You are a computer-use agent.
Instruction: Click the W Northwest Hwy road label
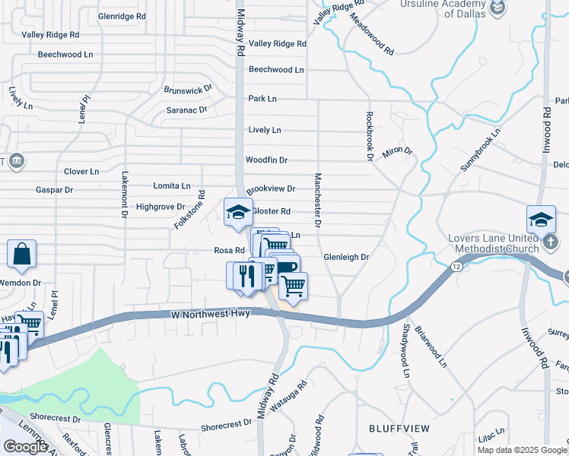(x=210, y=314)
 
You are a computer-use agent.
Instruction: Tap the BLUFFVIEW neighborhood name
(x=399, y=429)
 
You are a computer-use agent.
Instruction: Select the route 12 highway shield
(x=456, y=267)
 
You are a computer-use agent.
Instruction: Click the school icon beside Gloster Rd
(x=238, y=212)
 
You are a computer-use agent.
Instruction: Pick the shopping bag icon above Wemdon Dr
(x=22, y=254)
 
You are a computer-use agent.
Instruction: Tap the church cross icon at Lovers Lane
(x=553, y=242)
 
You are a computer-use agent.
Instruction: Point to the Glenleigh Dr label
(x=346, y=258)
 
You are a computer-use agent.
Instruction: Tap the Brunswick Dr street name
(x=188, y=90)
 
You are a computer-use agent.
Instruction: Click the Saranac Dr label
(x=187, y=110)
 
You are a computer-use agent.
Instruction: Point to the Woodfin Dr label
(x=266, y=160)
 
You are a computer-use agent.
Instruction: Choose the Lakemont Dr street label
(x=123, y=194)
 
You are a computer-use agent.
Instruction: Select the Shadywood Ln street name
(x=406, y=350)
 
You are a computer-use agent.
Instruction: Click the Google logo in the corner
(x=26, y=447)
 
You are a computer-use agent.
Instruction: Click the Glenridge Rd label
(x=122, y=16)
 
